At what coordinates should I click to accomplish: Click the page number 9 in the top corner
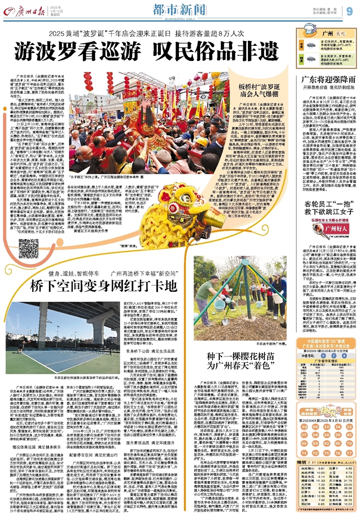(349, 11)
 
